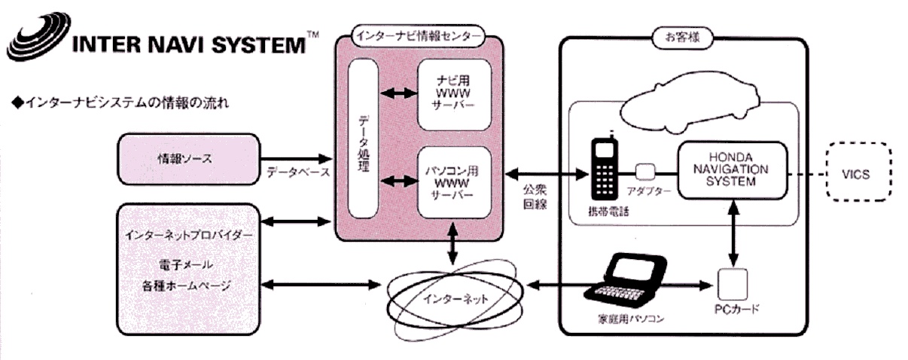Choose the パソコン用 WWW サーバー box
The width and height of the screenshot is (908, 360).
click(455, 183)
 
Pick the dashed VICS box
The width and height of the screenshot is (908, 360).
click(857, 174)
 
